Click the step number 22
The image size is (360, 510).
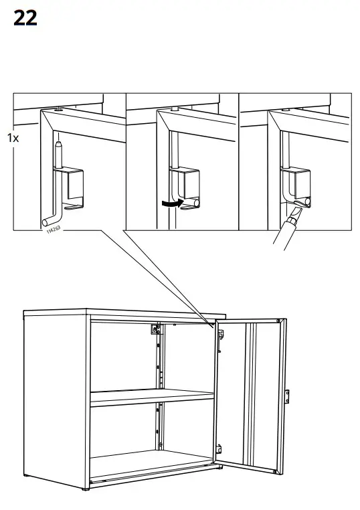(25, 18)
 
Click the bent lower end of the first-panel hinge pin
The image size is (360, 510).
(49, 221)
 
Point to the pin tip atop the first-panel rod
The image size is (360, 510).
(59, 142)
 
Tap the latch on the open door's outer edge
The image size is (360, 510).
(287, 396)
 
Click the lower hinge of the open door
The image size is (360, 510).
(218, 447)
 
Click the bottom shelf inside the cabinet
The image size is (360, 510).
(151, 467)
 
